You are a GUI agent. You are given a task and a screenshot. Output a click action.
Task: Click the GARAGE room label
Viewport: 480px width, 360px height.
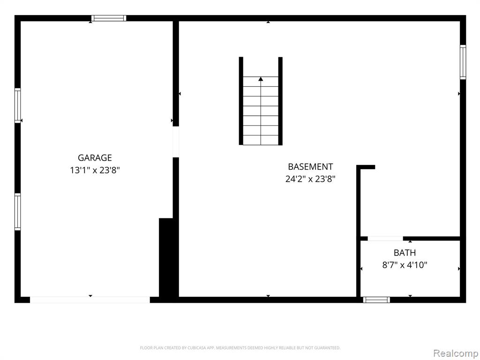click(95, 157)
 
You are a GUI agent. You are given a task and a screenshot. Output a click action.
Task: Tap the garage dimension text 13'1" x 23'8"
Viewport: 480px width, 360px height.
click(95, 170)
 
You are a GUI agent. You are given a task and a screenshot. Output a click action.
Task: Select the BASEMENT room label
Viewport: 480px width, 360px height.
click(310, 166)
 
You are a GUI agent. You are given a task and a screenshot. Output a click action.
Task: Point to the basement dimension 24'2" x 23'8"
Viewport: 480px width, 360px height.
click(310, 179)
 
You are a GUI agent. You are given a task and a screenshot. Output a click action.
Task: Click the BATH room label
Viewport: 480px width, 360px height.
click(405, 253)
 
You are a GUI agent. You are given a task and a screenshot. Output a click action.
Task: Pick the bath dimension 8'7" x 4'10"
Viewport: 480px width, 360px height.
click(405, 265)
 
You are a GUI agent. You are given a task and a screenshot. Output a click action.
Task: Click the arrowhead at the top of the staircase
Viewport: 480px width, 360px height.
click(261, 79)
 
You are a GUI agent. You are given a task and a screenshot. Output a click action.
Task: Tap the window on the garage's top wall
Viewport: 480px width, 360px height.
click(109, 18)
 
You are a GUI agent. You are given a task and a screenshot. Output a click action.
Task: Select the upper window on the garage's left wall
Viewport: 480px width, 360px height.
click(18, 105)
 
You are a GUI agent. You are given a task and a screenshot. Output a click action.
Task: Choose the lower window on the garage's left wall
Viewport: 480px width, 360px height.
click(18, 211)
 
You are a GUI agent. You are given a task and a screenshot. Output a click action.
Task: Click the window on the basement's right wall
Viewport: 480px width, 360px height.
click(463, 62)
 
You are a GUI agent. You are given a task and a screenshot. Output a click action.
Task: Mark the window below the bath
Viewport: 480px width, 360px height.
click(376, 300)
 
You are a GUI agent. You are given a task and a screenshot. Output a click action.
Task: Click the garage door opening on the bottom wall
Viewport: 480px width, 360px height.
click(90, 300)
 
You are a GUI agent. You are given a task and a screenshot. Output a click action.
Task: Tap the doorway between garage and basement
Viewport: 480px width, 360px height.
click(176, 142)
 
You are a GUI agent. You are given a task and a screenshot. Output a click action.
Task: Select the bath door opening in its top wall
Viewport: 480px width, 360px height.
click(385, 239)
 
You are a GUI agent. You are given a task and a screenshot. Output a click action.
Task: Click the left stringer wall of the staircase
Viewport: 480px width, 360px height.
click(241, 101)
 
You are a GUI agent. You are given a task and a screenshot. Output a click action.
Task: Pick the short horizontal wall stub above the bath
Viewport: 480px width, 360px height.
click(366, 167)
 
